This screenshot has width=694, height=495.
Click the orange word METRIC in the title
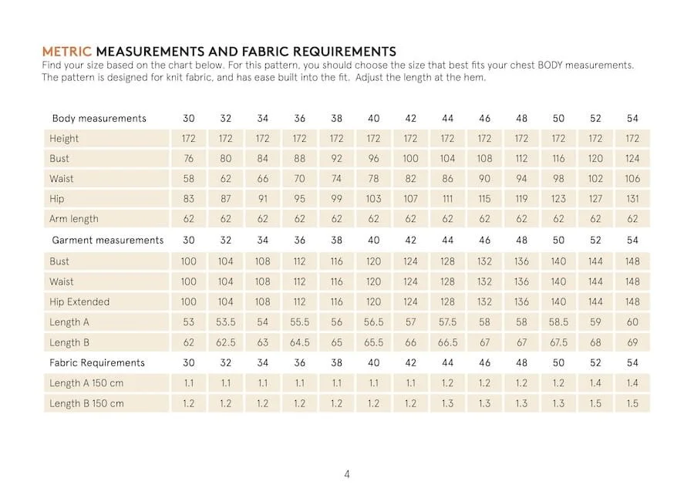(x=66, y=52)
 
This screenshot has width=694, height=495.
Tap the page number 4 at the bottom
(x=347, y=473)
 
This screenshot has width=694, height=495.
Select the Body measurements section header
(x=99, y=118)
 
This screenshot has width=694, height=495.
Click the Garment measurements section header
(x=107, y=240)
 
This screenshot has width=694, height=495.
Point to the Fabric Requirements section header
(x=98, y=362)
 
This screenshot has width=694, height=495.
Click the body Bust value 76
(x=188, y=159)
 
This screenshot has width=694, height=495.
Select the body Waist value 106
(x=632, y=179)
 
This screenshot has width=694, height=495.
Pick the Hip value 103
(x=373, y=199)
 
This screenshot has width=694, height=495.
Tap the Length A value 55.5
(x=299, y=322)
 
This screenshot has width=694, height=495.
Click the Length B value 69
(x=632, y=342)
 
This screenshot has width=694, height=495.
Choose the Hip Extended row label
(x=79, y=301)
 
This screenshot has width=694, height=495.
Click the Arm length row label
(x=74, y=219)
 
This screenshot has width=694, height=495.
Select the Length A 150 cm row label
(x=86, y=383)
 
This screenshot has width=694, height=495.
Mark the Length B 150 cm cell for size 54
(x=632, y=403)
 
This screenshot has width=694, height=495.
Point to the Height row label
(x=64, y=139)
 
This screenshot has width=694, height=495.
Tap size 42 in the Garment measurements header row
(x=410, y=240)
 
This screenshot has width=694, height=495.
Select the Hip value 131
(x=632, y=199)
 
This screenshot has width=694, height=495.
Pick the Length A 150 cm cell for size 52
(x=595, y=383)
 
